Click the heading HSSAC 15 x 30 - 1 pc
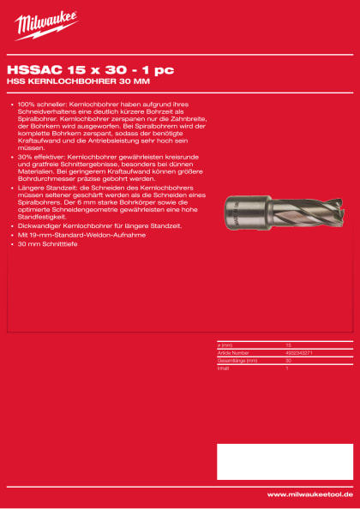point(67,71)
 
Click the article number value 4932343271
point(297,352)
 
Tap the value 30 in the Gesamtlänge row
point(288,359)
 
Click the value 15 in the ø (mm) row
point(288,344)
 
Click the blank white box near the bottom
point(284,462)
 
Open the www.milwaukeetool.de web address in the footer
point(309,494)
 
